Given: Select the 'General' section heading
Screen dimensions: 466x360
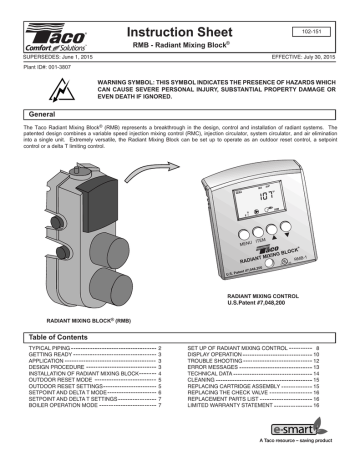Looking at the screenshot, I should tap(36, 115).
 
